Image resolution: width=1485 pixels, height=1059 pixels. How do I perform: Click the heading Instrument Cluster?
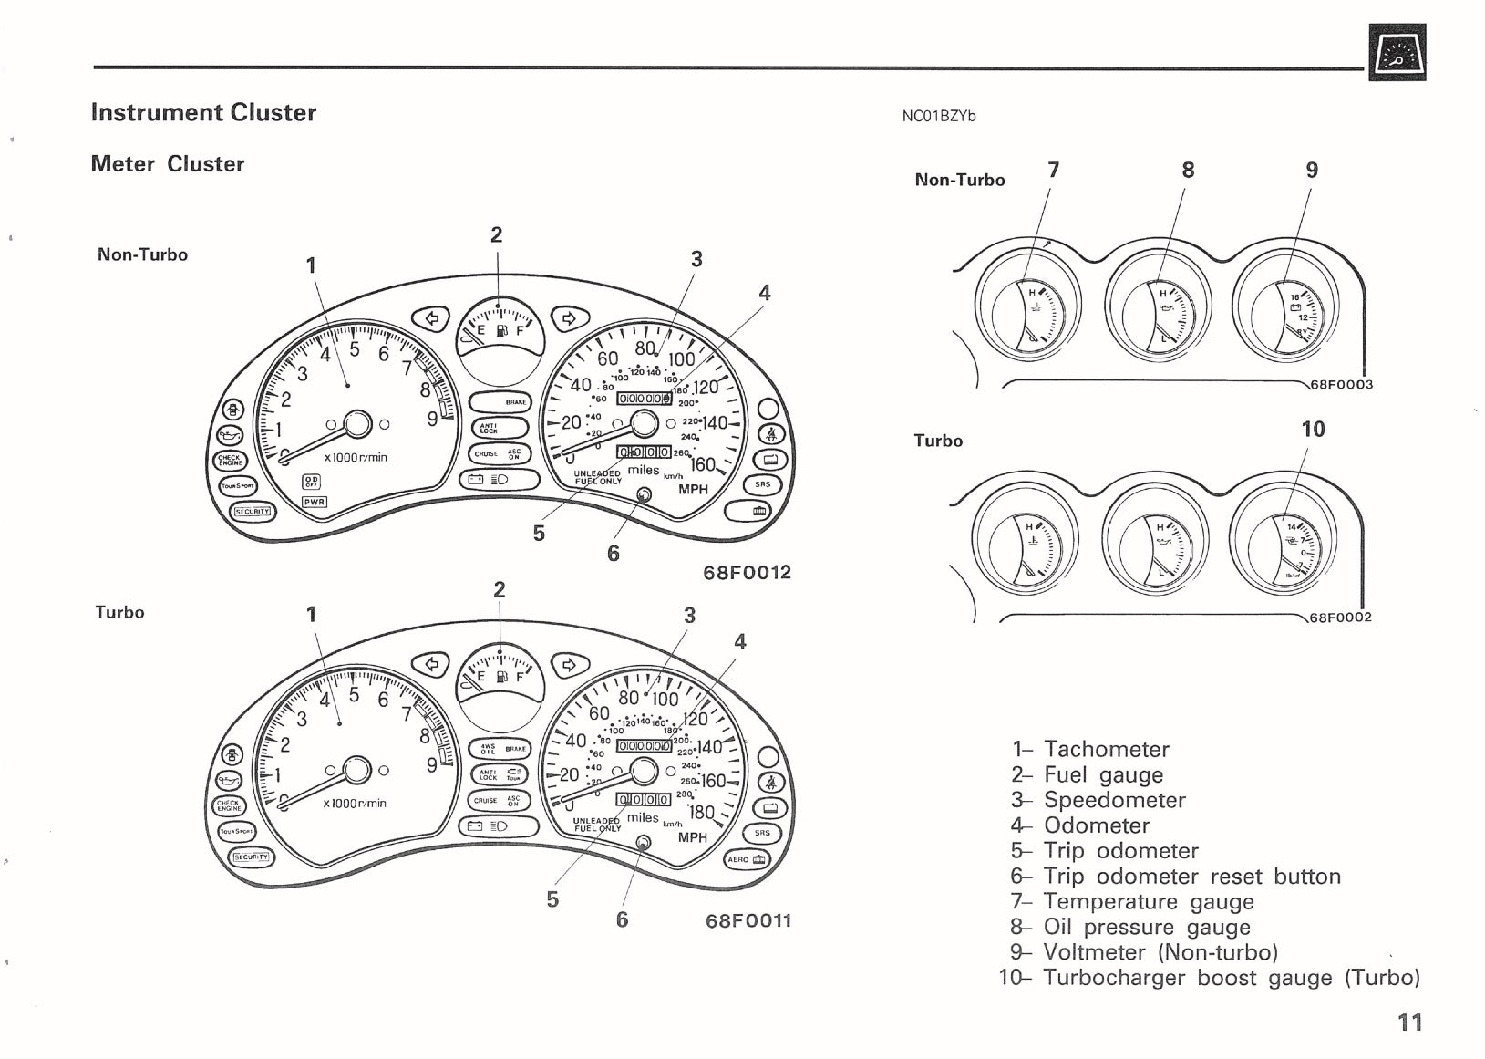(203, 113)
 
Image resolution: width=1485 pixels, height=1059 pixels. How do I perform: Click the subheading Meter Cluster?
(168, 164)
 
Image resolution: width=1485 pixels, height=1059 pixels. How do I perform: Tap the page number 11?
(1409, 1023)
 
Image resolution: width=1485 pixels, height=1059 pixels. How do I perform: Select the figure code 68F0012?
(748, 573)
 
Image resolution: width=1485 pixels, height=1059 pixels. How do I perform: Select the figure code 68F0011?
(748, 921)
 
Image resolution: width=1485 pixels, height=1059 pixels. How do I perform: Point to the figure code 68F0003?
(1341, 385)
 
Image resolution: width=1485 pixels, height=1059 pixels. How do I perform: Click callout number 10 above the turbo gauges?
(1313, 430)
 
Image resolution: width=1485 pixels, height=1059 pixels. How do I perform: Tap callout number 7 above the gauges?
(1054, 170)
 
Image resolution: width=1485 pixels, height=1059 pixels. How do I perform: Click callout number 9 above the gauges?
(1312, 170)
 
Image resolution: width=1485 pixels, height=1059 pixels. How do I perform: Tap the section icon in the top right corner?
(1397, 52)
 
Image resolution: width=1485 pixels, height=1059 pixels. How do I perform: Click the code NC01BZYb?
(938, 117)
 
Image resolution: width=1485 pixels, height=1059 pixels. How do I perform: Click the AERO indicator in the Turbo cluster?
(747, 859)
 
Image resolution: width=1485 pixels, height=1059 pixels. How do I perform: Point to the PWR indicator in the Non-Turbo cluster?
(314, 502)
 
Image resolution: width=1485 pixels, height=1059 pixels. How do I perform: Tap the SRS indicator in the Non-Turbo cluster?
(762, 485)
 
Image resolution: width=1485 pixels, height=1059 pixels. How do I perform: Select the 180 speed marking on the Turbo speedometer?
(702, 813)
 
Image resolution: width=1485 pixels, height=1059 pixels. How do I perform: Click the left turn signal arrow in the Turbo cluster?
(431, 664)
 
